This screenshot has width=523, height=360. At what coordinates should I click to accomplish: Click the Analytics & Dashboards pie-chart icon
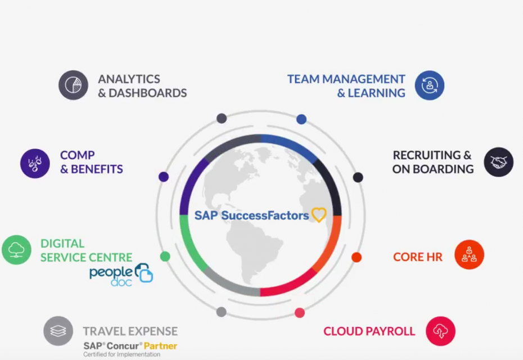(73, 85)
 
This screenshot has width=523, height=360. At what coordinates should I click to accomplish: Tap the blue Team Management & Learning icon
(430, 85)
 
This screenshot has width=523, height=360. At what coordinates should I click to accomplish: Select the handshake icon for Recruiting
(499, 162)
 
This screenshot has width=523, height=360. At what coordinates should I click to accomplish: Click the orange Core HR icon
(470, 255)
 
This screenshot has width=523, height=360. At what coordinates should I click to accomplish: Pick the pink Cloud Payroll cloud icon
(441, 331)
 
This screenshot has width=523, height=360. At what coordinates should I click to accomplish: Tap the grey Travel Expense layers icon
(58, 331)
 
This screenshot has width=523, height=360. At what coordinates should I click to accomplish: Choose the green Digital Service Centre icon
(17, 250)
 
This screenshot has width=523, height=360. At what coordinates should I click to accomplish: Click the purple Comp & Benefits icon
(35, 164)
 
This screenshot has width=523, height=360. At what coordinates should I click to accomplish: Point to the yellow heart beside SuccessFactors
(319, 215)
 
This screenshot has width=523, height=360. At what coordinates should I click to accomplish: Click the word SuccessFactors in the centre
(265, 215)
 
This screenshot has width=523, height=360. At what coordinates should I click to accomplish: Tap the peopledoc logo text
(111, 276)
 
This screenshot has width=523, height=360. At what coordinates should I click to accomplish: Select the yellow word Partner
(160, 346)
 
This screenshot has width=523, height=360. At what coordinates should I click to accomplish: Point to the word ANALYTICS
(129, 79)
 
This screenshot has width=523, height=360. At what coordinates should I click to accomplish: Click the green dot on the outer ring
(165, 256)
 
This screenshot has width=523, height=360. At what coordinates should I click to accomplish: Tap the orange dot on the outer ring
(357, 257)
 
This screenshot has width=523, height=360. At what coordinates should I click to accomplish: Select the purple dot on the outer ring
(164, 177)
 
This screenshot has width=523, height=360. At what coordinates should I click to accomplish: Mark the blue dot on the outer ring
(301, 119)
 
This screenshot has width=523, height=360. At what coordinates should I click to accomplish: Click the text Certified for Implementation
(121, 354)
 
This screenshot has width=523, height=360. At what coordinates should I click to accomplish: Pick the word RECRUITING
(427, 155)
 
